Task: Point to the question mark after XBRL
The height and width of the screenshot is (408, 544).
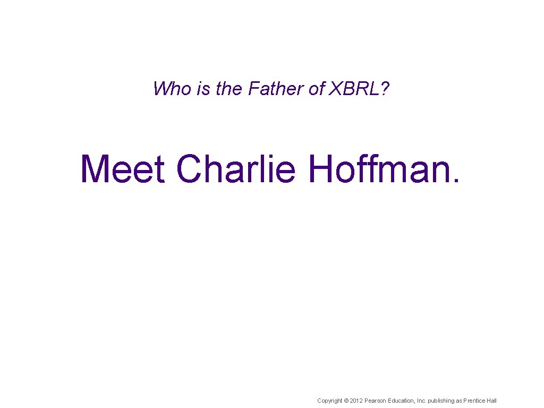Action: coord(385,89)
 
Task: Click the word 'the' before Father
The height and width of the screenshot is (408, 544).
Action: coord(229,89)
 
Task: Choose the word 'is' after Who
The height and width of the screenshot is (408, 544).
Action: coord(203,89)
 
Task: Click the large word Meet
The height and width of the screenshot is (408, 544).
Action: coord(123,168)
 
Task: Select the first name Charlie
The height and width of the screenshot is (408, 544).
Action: coord(235,168)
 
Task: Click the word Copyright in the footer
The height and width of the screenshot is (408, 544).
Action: coord(329,401)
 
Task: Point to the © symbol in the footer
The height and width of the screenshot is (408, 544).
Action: coord(346,401)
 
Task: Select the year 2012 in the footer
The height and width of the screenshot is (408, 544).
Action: coord(356,401)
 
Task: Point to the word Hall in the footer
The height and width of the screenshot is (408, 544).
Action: coord(492,401)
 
